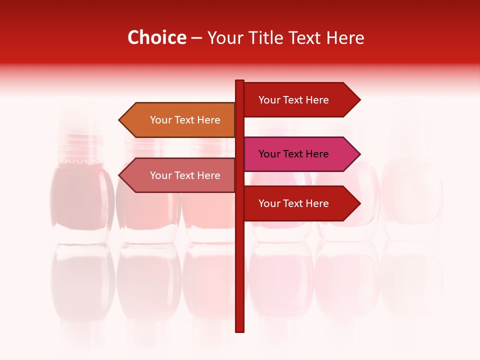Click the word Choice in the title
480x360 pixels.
(x=156, y=38)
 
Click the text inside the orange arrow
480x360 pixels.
(x=185, y=120)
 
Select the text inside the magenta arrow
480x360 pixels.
(x=293, y=154)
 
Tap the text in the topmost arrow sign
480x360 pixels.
(x=293, y=100)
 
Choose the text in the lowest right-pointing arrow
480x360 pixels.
(x=293, y=203)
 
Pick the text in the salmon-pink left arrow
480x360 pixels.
(x=185, y=175)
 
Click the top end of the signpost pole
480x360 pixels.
(x=239, y=81)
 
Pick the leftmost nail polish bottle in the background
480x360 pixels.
(x=81, y=200)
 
